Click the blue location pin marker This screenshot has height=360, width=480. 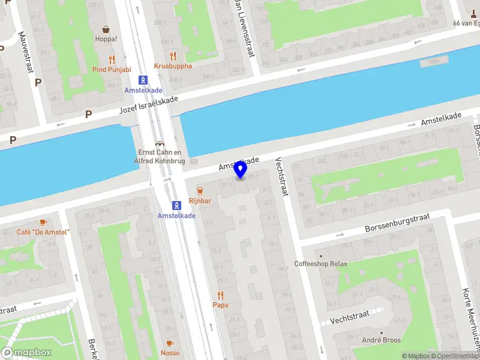coord(241,170)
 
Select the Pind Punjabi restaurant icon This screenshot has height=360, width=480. coord(112,59)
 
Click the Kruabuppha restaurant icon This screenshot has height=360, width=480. coord(173,56)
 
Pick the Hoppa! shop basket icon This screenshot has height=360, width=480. coord(106,29)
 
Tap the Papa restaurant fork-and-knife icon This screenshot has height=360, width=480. coord(220,295)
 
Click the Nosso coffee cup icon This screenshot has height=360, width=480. coord(169,343)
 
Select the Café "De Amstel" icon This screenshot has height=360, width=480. coord(43,223)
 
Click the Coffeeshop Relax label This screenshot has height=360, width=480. coord(320,263)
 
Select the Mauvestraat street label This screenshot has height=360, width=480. coord(25,52)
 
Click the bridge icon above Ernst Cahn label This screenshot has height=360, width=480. coord(160,143)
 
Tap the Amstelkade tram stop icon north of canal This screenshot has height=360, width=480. coord(143,80)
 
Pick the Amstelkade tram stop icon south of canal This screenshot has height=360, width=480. coord(176,205)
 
